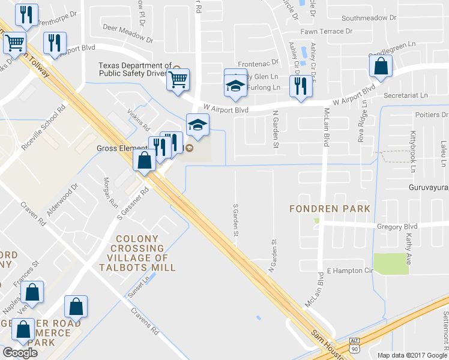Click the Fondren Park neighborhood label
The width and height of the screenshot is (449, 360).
click(x=329, y=209)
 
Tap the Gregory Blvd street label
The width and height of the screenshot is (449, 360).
click(x=397, y=227)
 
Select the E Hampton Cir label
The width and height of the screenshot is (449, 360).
click(x=349, y=271)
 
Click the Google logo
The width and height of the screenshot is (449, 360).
click(x=20, y=353)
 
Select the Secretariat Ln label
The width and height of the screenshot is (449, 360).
click(x=406, y=95)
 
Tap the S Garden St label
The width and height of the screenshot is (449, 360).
click(x=236, y=220)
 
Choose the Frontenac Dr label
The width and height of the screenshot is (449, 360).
click(x=258, y=62)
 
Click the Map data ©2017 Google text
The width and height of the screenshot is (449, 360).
click(x=412, y=355)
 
